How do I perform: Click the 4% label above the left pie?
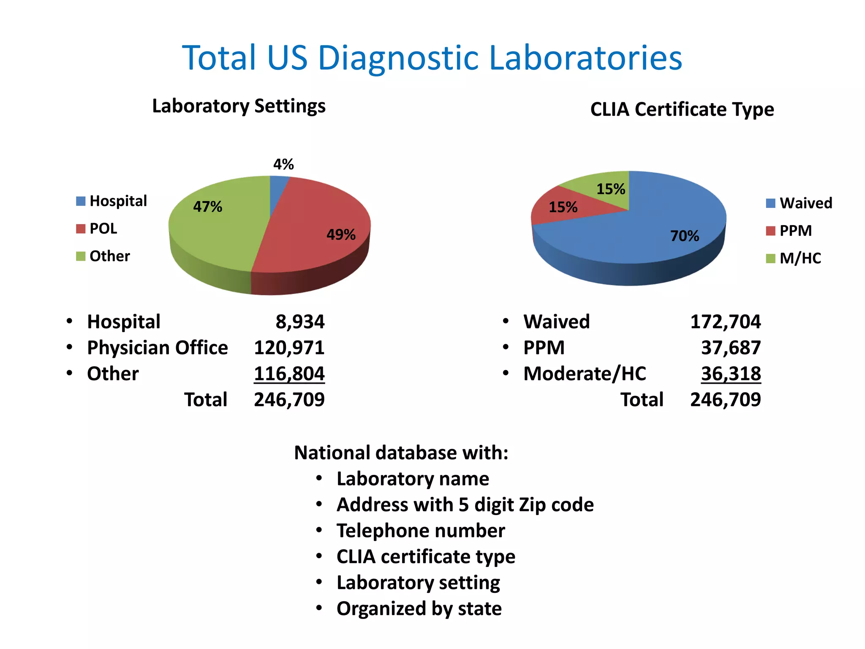(x=283, y=164)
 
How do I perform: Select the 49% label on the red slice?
(x=341, y=235)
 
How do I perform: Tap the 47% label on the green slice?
(x=207, y=207)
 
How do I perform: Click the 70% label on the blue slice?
(x=685, y=236)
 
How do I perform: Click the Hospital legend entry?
(x=112, y=201)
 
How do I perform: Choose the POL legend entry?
(x=97, y=229)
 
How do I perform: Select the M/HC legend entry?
(x=794, y=258)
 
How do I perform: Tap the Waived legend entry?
(x=800, y=203)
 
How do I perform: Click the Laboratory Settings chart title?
(x=239, y=106)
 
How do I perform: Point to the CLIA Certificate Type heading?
(x=682, y=109)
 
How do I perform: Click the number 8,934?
(x=300, y=322)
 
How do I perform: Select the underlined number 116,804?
(x=289, y=374)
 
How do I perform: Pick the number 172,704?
(x=725, y=322)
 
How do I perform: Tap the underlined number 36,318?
(x=731, y=374)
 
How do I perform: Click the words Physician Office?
(x=157, y=348)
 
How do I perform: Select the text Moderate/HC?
(x=585, y=374)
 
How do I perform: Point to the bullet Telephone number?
(x=420, y=531)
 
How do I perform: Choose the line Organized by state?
(x=419, y=609)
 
